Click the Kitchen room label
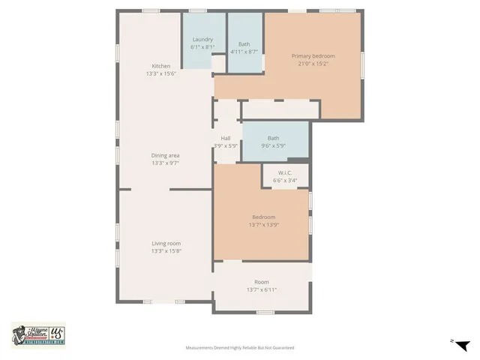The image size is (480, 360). click(163, 66)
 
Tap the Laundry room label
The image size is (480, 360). click(202, 39)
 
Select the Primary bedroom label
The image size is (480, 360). click(313, 56)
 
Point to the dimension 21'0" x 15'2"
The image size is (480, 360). click(313, 64)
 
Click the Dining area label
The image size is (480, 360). click(165, 155)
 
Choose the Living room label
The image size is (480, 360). click(165, 243)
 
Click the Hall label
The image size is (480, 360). click(225, 138)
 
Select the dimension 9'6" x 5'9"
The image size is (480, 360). click(273, 145)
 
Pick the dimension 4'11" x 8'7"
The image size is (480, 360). click(244, 52)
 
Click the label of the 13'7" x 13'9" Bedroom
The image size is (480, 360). click(262, 217)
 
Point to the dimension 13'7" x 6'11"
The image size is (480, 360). click(262, 289)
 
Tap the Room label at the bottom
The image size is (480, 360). click(262, 282)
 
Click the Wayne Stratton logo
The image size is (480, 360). click(38, 334)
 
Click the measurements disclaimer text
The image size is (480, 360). click(240, 348)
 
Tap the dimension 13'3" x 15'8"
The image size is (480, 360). click(165, 250)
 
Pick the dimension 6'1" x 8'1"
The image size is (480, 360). click(202, 47)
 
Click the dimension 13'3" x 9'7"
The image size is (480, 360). click(165, 163)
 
